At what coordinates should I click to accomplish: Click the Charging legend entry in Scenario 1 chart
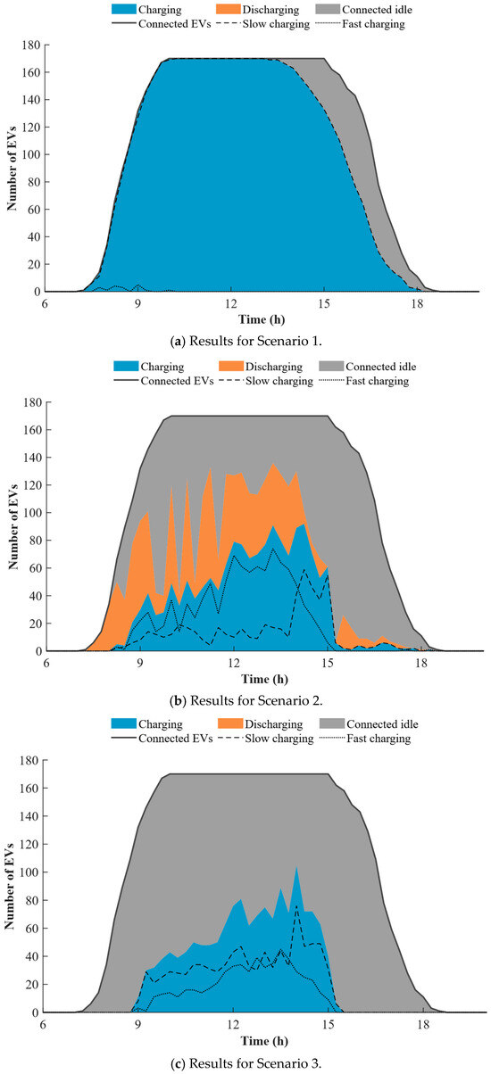pyautogui.click(x=146, y=9)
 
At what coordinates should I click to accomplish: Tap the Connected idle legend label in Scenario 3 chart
pyautogui.click(x=382, y=724)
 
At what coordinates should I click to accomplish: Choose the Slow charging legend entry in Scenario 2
pyautogui.click(x=264, y=381)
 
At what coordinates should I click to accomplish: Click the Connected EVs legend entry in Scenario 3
pyautogui.click(x=162, y=739)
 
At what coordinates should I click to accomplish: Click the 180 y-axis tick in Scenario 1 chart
pyautogui.click(x=31, y=45)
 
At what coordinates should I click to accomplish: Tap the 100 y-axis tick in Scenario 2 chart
pyautogui.click(x=33, y=513)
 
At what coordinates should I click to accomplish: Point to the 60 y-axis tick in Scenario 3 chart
pyautogui.click(x=34, y=929)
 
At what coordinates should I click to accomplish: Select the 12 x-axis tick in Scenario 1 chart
pyautogui.click(x=231, y=303)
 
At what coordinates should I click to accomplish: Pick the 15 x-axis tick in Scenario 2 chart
pyautogui.click(x=328, y=663)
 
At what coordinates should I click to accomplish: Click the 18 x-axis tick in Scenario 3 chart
pyautogui.click(x=423, y=1025)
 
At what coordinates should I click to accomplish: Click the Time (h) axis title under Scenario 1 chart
pyautogui.click(x=262, y=319)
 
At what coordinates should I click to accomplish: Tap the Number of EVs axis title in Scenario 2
pyautogui.click(x=13, y=526)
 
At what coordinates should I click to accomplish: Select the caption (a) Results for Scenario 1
pyautogui.click(x=246, y=342)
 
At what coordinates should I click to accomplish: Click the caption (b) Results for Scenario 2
pyautogui.click(x=246, y=700)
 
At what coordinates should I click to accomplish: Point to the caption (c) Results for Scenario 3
pyautogui.click(x=246, y=1063)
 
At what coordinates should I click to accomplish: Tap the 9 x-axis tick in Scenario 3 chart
pyautogui.click(x=137, y=1025)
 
